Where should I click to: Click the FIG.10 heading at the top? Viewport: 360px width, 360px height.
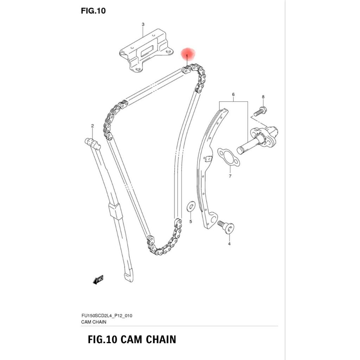pos(93,11)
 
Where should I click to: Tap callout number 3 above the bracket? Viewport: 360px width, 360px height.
pos(143,24)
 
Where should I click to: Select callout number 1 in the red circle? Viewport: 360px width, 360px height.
pos(187,56)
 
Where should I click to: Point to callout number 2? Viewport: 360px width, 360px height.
pos(92,126)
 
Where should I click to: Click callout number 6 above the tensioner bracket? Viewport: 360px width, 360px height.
pos(233,94)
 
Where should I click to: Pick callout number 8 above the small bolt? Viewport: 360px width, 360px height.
pos(263,97)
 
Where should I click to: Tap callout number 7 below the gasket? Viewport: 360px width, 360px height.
pos(230,176)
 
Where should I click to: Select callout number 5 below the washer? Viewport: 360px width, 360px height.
pos(191,221)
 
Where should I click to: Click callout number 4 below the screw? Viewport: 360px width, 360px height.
pos(229,244)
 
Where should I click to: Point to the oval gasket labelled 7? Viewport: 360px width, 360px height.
pos(229,157)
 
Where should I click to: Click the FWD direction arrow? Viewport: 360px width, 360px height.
pos(98,279)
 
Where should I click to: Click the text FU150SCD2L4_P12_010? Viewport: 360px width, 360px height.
pos(107,316)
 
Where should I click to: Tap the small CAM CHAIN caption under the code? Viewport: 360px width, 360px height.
pos(94,322)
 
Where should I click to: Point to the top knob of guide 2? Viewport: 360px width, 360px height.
pos(93,143)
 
